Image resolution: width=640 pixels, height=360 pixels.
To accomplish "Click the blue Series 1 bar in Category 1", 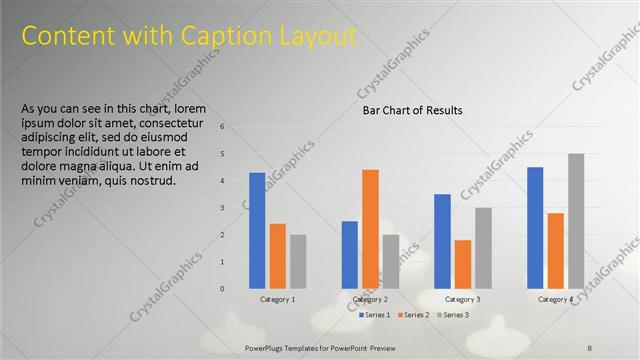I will click(x=257, y=230).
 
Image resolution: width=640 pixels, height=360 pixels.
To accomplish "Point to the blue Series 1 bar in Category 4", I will click(x=535, y=227).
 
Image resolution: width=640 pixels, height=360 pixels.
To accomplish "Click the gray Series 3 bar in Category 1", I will click(x=298, y=261).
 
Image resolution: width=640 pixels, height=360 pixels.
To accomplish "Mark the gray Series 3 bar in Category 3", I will click(x=483, y=247).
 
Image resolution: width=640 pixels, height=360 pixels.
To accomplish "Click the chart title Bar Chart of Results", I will click(x=412, y=110).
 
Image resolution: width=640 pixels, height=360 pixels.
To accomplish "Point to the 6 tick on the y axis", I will click(x=237, y=127).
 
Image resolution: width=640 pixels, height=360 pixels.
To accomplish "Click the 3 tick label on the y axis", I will click(x=237, y=208).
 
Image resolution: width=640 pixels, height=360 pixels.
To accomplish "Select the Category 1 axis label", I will click(x=277, y=299).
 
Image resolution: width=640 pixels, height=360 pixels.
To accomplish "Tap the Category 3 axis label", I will click(x=462, y=299).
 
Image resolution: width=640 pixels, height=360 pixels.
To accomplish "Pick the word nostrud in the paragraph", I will click(x=154, y=181).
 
